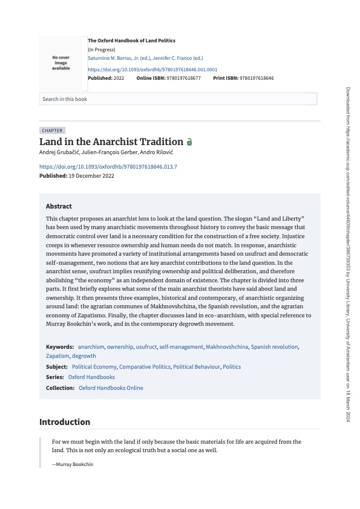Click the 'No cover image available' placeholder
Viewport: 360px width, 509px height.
[x=61, y=63]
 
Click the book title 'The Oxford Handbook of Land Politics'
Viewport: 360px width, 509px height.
[x=131, y=41]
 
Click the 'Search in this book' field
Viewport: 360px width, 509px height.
[x=178, y=99]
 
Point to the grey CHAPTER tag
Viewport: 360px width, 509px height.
[x=52, y=131]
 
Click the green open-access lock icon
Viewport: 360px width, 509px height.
[x=189, y=142]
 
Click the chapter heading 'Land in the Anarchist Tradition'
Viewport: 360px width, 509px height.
[x=111, y=141]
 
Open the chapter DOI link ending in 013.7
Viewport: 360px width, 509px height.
[x=108, y=166]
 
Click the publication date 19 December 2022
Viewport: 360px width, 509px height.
[x=91, y=176]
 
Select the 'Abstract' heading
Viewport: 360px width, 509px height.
[x=59, y=206]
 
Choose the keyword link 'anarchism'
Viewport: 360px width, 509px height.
[x=91, y=347]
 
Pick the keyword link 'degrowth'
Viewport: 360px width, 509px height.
[x=84, y=356]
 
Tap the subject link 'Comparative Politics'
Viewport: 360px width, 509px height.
[x=144, y=367]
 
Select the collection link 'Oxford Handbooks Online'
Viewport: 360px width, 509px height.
[x=111, y=388]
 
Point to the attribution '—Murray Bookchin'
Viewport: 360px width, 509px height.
[x=73, y=464]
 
